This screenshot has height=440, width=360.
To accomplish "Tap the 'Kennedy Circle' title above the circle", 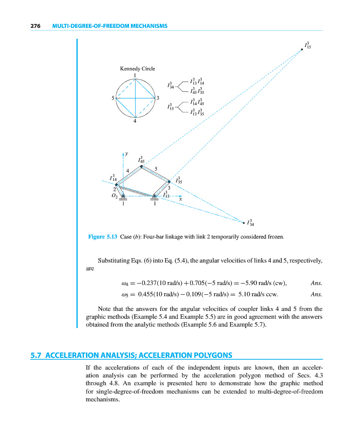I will click(137, 69).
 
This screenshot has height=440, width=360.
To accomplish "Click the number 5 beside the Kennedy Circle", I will click(113, 98).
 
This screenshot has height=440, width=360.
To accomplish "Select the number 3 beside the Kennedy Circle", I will click(158, 98).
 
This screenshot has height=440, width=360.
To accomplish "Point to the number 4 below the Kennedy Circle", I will click(135, 122).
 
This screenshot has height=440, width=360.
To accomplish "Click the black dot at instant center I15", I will click(302, 49).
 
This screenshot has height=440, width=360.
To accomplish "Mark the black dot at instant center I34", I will click(244, 223).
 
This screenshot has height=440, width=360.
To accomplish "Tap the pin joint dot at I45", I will click(142, 166).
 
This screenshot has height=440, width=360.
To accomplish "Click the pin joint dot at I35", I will click(169, 182).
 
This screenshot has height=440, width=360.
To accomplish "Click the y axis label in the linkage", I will click(127, 153).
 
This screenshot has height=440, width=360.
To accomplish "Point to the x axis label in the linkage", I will click(180, 199).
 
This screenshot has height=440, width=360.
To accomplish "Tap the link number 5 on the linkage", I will click(156, 169).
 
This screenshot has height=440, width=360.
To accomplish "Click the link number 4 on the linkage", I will click(127, 170).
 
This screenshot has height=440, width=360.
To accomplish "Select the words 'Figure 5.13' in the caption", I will click(103, 237).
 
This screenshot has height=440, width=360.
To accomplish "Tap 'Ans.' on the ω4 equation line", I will click(317, 283).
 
